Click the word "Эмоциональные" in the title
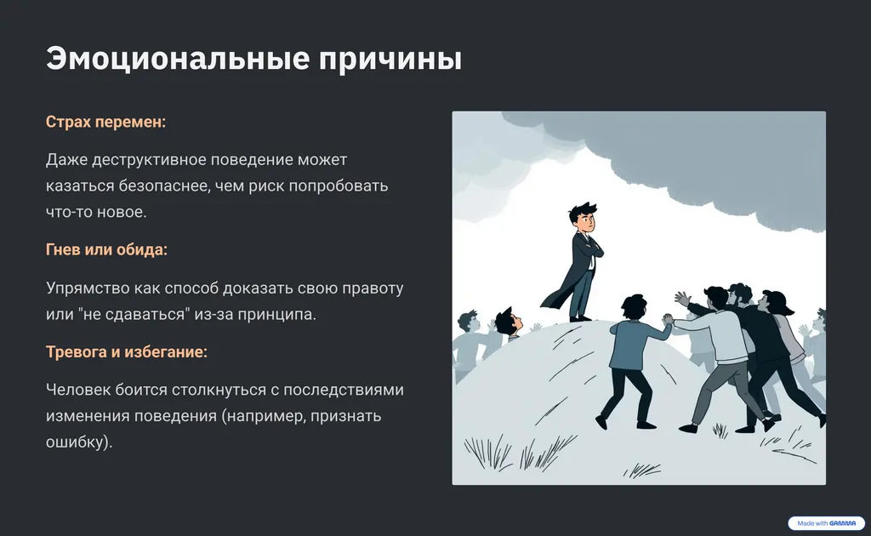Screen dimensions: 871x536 [178, 59]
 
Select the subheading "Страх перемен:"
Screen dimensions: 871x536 [105, 122]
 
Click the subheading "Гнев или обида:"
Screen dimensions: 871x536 [106, 250]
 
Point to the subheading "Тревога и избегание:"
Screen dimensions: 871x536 [127, 352]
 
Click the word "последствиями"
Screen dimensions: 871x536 [344, 390]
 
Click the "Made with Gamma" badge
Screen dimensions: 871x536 [826, 523]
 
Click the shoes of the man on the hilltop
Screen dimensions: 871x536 [580, 318]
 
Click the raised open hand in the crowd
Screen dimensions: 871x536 [681, 299]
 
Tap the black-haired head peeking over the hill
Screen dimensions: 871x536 [507, 321]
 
